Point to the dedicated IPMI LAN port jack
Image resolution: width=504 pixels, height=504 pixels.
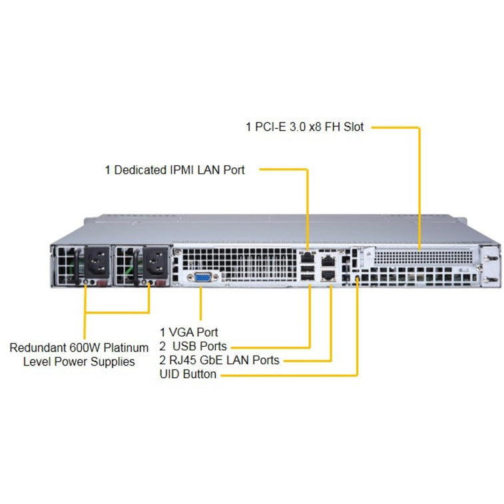(307, 255)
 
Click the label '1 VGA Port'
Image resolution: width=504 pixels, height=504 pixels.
(188, 332)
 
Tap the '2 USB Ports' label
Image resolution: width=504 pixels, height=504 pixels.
(193, 346)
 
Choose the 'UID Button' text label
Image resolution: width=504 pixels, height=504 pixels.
(188, 374)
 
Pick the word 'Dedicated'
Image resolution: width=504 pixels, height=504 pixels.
(139, 170)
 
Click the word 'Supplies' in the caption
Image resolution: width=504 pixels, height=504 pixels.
(114, 362)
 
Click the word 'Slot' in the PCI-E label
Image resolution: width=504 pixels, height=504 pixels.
(353, 126)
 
